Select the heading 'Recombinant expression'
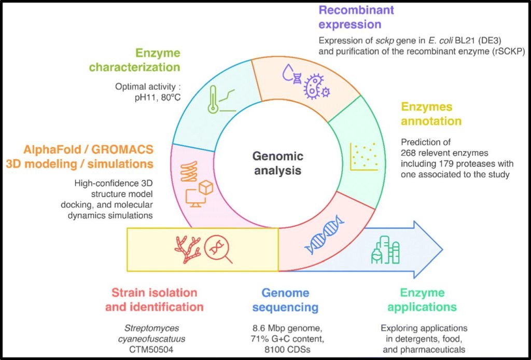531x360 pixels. tap(356, 17)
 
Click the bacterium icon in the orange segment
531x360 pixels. tap(315, 86)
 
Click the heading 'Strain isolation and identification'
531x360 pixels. tap(154, 300)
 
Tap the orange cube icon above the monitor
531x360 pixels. tap(206, 188)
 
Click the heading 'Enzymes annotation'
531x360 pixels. tap(430, 114)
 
